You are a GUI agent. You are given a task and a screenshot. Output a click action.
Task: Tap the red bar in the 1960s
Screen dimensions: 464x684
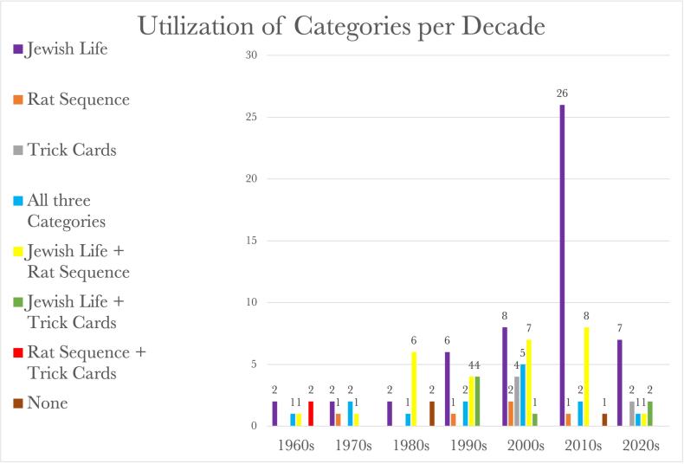click(311, 413)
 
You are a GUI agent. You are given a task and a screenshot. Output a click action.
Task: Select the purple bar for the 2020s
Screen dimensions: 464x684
click(618, 382)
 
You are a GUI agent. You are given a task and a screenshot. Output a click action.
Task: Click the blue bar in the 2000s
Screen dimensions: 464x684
click(524, 395)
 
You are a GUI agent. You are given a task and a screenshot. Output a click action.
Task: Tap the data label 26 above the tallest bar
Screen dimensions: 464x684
click(563, 93)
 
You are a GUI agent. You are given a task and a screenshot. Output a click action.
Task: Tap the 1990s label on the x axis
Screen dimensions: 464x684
click(468, 446)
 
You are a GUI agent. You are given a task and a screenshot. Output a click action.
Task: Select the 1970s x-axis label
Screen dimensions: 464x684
click(352, 446)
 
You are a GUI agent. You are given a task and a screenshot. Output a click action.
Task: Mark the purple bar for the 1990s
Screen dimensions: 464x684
click(447, 389)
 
